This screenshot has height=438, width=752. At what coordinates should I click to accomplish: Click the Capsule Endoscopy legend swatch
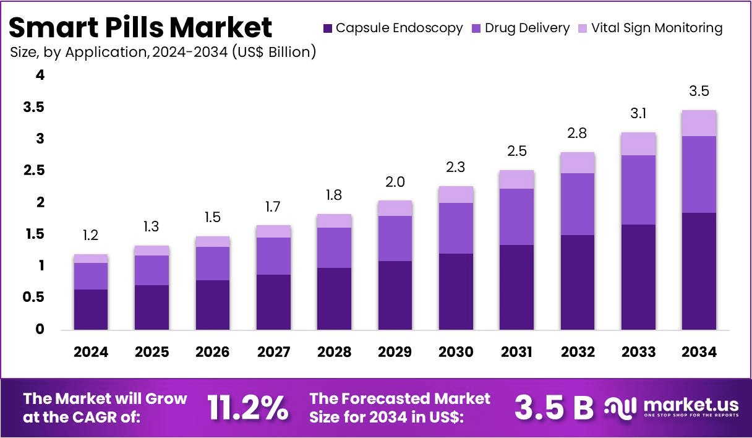328,28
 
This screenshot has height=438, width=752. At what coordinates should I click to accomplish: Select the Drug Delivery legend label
527,28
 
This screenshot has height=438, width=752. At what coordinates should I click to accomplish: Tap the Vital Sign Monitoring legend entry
656,28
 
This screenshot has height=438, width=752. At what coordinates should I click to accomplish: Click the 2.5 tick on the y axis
36,171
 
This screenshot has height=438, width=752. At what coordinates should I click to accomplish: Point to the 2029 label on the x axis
395,352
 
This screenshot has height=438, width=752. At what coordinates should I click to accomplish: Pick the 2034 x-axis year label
699,352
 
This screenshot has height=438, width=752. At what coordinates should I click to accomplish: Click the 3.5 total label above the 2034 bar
699,92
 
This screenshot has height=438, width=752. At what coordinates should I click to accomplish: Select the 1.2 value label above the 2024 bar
90,236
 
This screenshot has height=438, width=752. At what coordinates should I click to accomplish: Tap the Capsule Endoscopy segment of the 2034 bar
699,271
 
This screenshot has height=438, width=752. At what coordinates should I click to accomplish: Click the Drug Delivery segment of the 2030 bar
456,228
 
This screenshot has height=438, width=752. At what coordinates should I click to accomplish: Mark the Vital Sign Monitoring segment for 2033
638,144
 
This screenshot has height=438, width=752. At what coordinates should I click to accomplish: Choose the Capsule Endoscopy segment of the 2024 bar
90,309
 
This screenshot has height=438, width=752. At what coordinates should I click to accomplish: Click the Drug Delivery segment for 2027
273,256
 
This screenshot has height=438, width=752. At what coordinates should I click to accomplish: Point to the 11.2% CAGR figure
247,407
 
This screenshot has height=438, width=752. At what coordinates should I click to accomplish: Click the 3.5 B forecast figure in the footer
553,407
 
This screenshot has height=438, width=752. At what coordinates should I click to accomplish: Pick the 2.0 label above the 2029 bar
395,182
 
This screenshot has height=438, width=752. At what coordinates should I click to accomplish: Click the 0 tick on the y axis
40,329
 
